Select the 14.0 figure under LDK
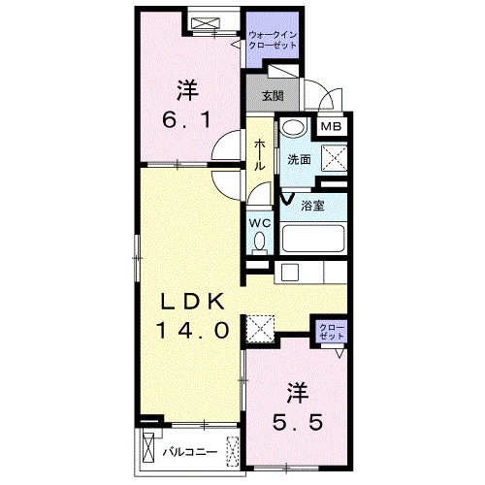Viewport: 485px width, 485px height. tap(194, 329)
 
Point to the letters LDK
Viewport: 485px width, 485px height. tap(193, 299)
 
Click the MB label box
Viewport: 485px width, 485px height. tap(331, 126)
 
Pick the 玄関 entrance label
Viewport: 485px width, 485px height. tap(274, 95)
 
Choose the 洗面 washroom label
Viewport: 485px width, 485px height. tap(299, 159)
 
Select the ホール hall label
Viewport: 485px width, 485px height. tap(260, 154)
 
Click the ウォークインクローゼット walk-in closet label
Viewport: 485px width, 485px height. tap(274, 42)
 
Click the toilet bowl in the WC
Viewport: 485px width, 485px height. tap(258, 246)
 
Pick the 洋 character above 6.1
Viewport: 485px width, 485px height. tap(187, 91)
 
